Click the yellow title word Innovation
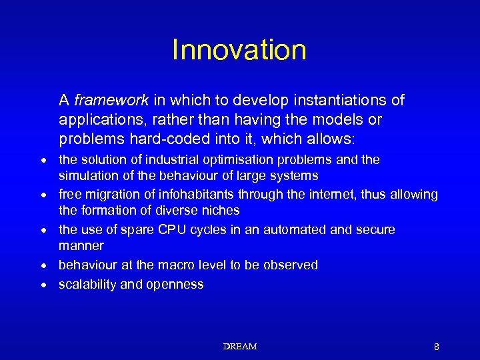coord(239,50)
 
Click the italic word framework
coord(111,101)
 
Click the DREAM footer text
coord(240,347)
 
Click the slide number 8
coord(436,347)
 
